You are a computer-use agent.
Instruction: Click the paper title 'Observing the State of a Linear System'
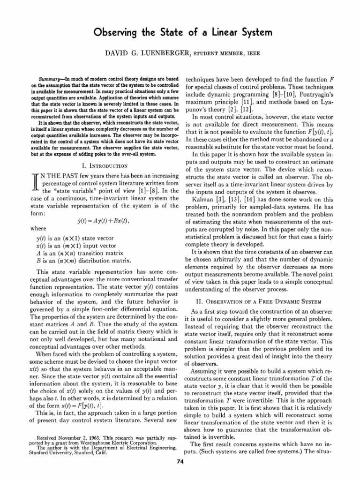(180, 34)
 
